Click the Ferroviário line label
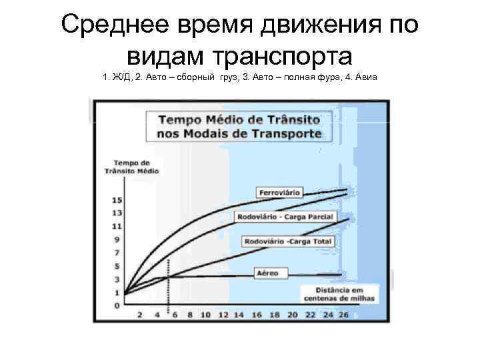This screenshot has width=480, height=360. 279,193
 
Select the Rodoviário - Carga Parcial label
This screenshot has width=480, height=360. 285,217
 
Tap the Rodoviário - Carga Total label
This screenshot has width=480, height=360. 288,241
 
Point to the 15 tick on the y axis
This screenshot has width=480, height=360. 117,201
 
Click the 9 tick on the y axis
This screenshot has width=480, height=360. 117,240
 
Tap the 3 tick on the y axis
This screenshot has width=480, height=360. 117,279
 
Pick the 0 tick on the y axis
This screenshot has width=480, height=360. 117,305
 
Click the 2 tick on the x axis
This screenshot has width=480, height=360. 140,314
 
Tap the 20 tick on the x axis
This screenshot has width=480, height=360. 291,314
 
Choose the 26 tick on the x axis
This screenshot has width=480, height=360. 343,314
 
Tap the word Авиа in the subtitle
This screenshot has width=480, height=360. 367,78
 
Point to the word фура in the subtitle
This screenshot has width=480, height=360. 323,78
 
